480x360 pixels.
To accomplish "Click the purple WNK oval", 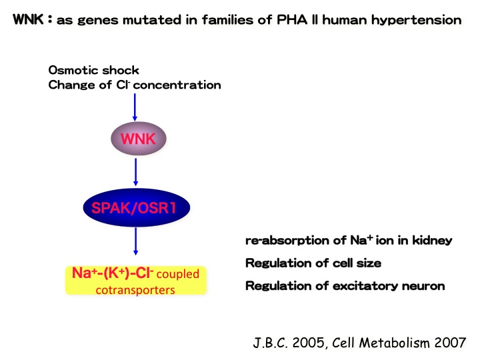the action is coord(139,139).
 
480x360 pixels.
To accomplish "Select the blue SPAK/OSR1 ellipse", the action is coord(137,207).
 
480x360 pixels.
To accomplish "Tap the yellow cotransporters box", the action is coord(136,281).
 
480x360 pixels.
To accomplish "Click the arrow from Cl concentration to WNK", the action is coord(135,107).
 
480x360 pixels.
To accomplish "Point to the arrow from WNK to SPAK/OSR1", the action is coord(135,172).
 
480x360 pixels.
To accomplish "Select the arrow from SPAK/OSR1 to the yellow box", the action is coord(135,241).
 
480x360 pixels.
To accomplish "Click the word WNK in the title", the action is coord(28,19).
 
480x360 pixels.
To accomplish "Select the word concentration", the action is coord(177,85).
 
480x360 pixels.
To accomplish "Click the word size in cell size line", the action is coord(369,263).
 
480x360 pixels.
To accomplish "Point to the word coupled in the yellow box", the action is coord(178,274).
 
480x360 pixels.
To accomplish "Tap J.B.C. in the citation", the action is coord(271,343).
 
